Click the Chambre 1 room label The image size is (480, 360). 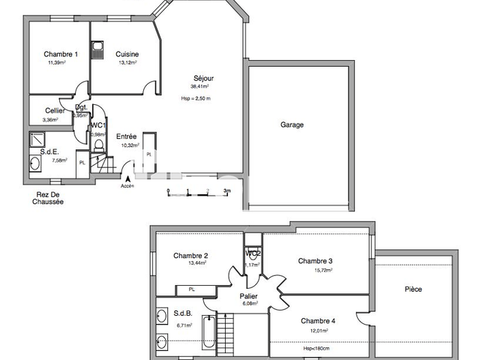click(61, 54)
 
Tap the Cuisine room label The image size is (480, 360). click(127, 54)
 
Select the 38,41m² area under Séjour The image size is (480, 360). click(199, 86)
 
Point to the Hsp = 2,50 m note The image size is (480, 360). click(196, 98)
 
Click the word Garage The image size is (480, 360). click(292, 124)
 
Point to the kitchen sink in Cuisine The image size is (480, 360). click(98, 49)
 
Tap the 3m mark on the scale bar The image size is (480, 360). click(226, 191)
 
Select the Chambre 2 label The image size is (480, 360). click(190, 256)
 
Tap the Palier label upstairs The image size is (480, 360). click(249, 296)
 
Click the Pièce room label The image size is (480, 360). click(414, 289)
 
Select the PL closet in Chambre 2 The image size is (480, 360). click(192, 289)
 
